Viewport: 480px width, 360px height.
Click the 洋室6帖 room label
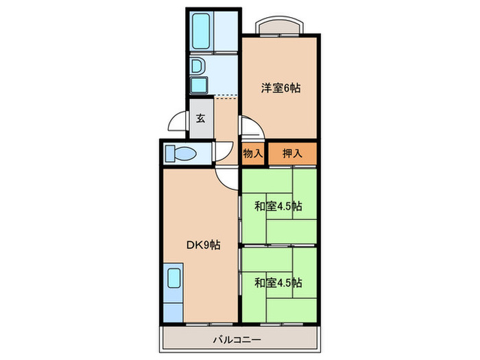tap(280, 88)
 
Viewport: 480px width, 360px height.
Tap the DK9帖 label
tap(203, 245)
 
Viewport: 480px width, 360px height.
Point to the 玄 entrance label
tap(201, 118)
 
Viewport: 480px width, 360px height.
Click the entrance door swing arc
tap(178, 127)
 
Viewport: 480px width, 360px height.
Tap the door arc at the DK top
tap(225, 176)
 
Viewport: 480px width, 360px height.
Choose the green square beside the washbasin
tap(198, 86)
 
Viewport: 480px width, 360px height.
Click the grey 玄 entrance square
tap(201, 119)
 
